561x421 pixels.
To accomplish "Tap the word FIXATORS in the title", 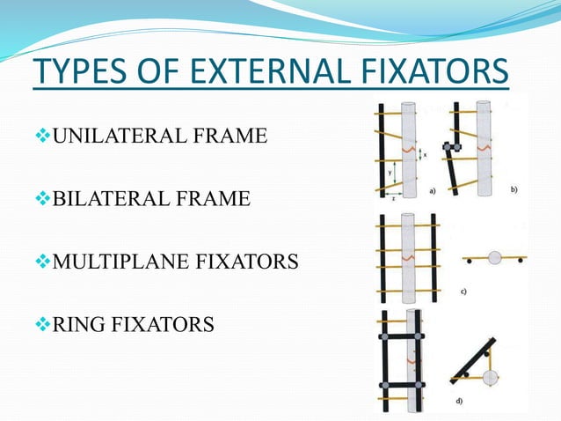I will point(434,71).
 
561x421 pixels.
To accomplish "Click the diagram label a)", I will point(433,188).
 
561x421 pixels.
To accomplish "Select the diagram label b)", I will point(513,188).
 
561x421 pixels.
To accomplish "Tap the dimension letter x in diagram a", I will point(426,153).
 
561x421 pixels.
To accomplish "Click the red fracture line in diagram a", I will point(408,150).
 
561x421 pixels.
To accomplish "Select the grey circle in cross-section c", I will point(495,258).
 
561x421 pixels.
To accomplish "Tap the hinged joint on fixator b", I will point(448,146).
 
